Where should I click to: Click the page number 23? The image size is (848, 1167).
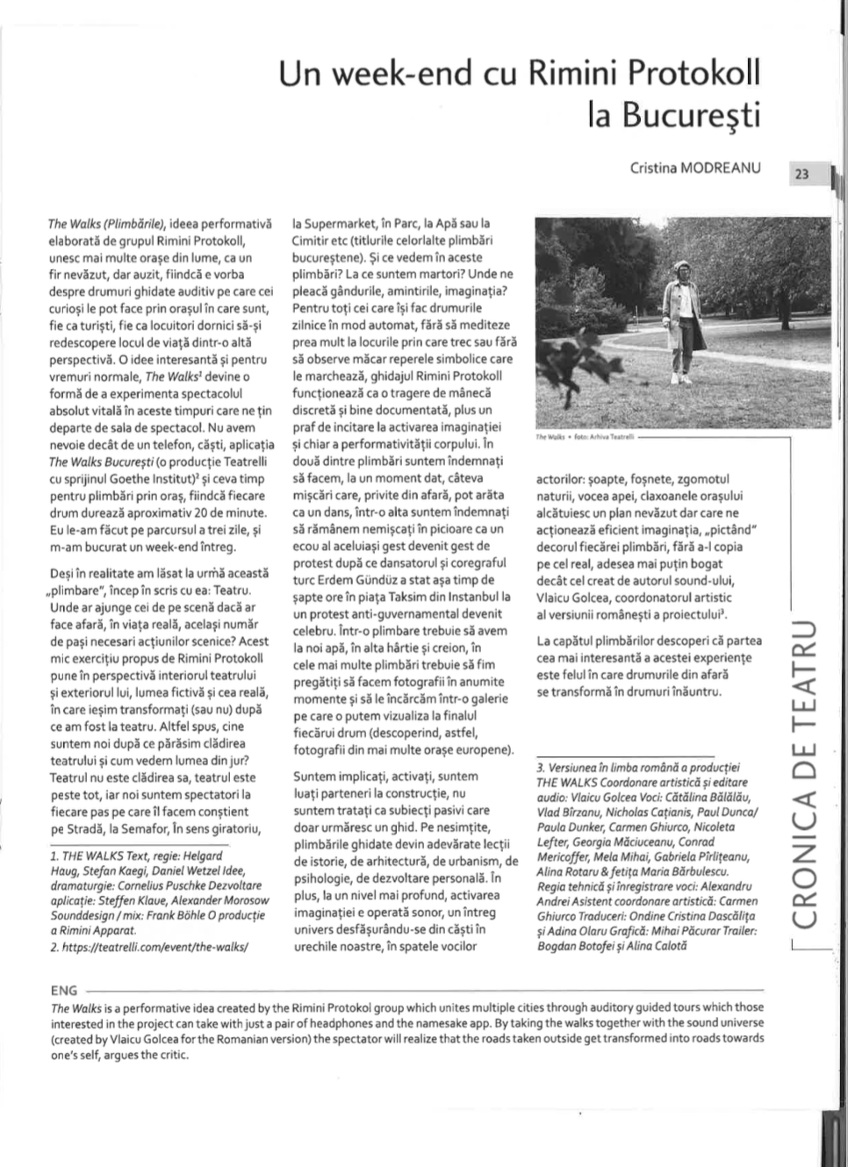tap(801, 174)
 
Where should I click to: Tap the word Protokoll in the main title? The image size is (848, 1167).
tap(686, 73)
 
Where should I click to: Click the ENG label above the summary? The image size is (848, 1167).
tap(64, 991)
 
